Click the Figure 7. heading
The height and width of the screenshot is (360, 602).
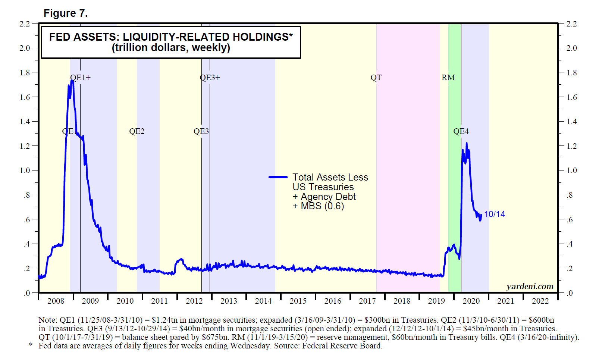coord(66,13)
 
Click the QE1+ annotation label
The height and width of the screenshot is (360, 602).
coord(80,78)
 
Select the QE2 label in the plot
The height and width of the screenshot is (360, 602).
coord(137,131)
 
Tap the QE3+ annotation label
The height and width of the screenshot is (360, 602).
coord(210,78)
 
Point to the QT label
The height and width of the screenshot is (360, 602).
coord(376,78)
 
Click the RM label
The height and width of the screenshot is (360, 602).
coord(448,78)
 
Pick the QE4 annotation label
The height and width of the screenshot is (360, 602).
coord(461,131)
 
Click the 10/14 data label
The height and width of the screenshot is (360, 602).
coord(494,214)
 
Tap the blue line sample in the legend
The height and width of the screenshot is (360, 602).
coord(278,177)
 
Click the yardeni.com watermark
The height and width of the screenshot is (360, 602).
coord(530,287)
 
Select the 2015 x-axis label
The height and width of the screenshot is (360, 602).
coord(298,301)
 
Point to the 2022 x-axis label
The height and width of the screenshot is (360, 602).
coord(540,301)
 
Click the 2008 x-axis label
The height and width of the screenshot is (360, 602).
coord(56,301)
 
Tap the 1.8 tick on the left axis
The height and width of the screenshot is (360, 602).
coord(25,73)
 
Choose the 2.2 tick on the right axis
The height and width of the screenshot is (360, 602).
coord(571,24)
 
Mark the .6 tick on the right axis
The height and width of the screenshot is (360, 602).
coord(570,220)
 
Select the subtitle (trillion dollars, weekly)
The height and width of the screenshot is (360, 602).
coord(171,48)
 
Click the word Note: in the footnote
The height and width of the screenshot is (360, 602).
coord(47,320)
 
